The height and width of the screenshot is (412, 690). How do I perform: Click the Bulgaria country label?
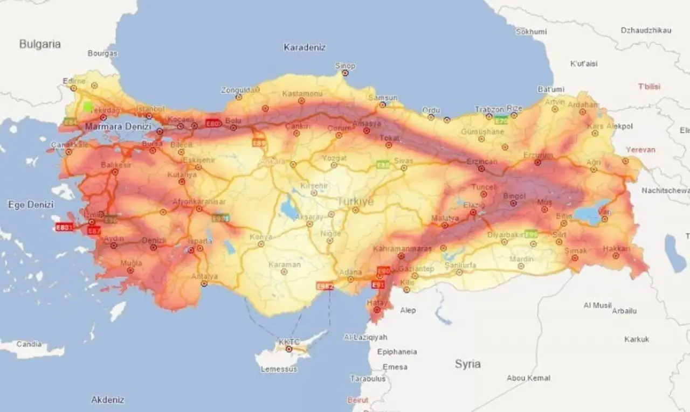pyautogui.click(x=40, y=44)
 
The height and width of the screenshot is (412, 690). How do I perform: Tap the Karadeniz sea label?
pyautogui.click(x=305, y=47)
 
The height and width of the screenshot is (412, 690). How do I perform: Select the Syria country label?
pyautogui.click(x=467, y=364)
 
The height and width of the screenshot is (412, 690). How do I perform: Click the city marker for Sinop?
pyautogui.click(x=345, y=73)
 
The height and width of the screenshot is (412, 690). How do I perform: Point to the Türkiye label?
pyautogui.click(x=355, y=201)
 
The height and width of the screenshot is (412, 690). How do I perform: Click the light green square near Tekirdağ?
pyautogui.click(x=88, y=107)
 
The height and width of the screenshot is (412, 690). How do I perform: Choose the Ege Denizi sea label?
pyautogui.click(x=31, y=204)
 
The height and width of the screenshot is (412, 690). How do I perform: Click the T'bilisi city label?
pyautogui.click(x=649, y=87)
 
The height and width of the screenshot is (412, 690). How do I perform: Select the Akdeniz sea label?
pyautogui.click(x=108, y=400)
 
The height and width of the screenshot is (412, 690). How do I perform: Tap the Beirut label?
pyautogui.click(x=358, y=400)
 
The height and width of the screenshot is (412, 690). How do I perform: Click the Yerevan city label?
pyautogui.click(x=640, y=150)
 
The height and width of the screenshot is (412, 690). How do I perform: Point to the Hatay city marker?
pyautogui.click(x=377, y=310)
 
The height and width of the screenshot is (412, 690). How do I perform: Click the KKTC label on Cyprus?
pyautogui.click(x=289, y=341)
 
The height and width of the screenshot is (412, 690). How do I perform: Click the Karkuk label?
pyautogui.click(x=637, y=339)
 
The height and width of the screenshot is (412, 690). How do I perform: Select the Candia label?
pyautogui.click(x=29, y=344)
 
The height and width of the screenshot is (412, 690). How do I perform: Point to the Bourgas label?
pyautogui.click(x=102, y=54)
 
